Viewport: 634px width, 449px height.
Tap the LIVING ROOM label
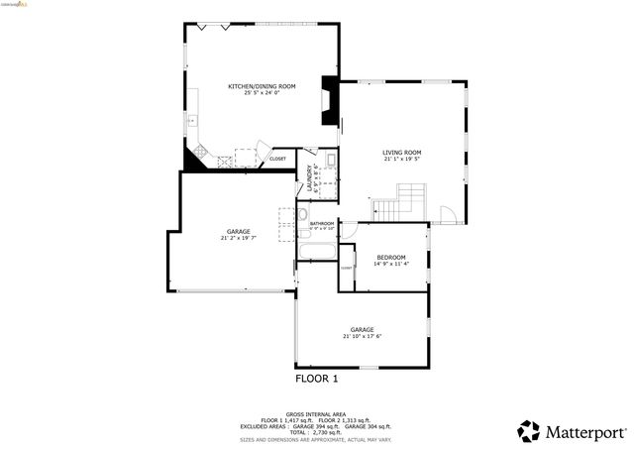tap(402, 152)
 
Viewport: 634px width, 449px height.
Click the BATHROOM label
tap(322, 223)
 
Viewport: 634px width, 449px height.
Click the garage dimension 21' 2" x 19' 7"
tap(238, 238)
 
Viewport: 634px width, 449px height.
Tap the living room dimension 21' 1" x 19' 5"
tap(402, 159)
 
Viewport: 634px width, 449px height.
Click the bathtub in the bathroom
tap(318, 246)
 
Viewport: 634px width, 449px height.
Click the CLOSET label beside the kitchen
tap(277, 159)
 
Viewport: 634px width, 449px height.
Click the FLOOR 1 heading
tap(317, 379)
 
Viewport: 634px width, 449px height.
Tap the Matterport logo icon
tap(529, 431)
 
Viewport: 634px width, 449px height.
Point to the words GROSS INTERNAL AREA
tap(316, 414)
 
